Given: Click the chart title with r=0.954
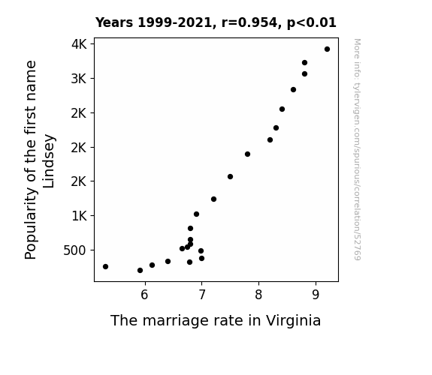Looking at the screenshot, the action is pyautogui.click(x=216, y=22).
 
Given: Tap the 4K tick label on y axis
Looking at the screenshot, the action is pyautogui.click(x=79, y=44).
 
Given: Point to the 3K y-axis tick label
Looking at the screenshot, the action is pyautogui.click(x=79, y=79).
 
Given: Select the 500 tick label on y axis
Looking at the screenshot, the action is pyautogui.click(x=74, y=250).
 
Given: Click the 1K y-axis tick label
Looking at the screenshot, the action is pyautogui.click(x=79, y=216).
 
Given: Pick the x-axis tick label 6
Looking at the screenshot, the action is pyautogui.click(x=145, y=295).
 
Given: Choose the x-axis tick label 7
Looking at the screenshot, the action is pyautogui.click(x=202, y=295).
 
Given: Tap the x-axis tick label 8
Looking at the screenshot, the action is pyautogui.click(x=258, y=295).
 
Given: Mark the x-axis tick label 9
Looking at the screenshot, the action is pyautogui.click(x=316, y=295).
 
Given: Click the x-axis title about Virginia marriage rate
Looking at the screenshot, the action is pyautogui.click(x=216, y=321).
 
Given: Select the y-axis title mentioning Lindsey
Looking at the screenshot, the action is pyautogui.click(x=40, y=160).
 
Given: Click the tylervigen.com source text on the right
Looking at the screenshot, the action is pyautogui.click(x=358, y=149).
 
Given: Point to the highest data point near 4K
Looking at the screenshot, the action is pyautogui.click(x=327, y=49).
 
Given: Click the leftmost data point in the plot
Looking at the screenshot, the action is pyautogui.click(x=105, y=266).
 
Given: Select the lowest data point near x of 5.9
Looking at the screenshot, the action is pyautogui.click(x=140, y=271).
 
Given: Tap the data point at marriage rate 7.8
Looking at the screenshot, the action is pyautogui.click(x=247, y=154).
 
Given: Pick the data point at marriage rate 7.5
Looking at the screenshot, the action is pyautogui.click(x=231, y=177).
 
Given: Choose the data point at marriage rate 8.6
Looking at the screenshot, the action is pyautogui.click(x=293, y=90).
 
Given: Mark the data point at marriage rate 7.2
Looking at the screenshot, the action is pyautogui.click(x=213, y=199).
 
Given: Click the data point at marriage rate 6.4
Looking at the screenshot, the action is pyautogui.click(x=168, y=261).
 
